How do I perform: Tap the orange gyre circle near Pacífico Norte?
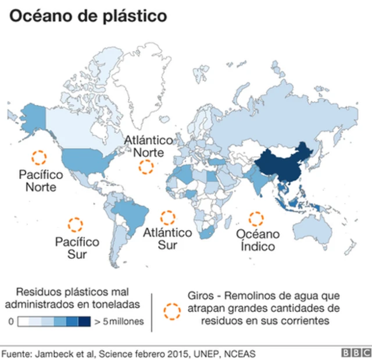39,157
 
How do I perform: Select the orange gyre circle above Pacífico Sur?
75,224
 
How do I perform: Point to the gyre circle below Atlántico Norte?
145,167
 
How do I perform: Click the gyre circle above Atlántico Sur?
167,218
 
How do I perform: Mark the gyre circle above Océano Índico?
256,219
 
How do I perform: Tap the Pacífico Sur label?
77,248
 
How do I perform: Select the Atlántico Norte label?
149,147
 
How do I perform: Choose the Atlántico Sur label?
167,239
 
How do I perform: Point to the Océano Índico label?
257,240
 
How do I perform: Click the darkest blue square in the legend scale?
84,321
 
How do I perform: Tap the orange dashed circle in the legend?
172,311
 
